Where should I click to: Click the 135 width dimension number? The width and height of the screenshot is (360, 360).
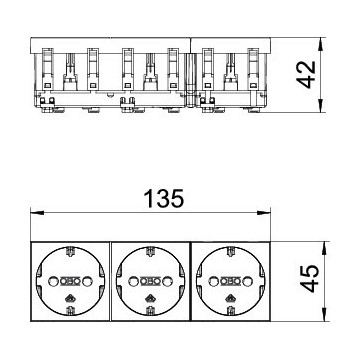(164, 199)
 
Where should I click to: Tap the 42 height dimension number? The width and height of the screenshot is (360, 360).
(306, 74)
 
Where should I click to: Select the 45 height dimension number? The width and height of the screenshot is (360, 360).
(309, 279)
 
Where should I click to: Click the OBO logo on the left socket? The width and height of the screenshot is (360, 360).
(70, 282)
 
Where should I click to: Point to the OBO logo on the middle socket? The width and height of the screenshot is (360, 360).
(150, 282)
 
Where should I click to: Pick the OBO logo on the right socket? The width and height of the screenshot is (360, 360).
(230, 282)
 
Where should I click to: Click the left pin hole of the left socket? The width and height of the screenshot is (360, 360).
(53, 282)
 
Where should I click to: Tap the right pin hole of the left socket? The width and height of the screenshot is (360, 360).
(87, 282)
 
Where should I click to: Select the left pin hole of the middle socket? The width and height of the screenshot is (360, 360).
(133, 282)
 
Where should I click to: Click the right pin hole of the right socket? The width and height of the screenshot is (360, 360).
(247, 282)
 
